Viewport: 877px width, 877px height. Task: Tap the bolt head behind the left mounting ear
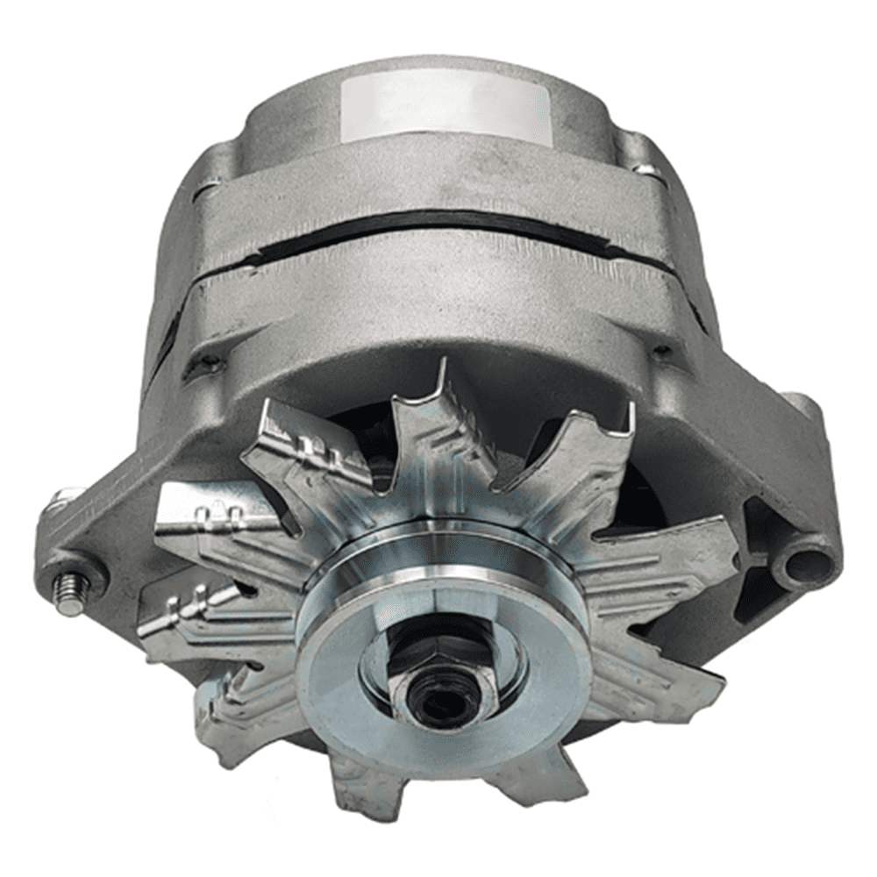tap(66, 500)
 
